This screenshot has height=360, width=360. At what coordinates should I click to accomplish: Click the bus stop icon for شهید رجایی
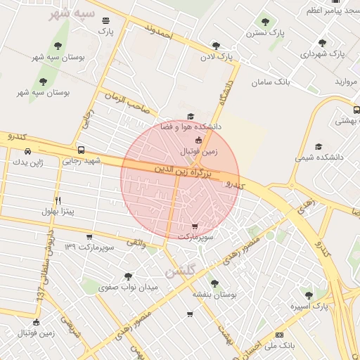82,150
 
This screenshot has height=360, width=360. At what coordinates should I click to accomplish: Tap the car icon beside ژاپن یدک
27,151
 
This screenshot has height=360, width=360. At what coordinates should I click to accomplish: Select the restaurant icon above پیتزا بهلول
58,200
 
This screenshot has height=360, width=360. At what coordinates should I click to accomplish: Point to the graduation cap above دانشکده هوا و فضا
189,117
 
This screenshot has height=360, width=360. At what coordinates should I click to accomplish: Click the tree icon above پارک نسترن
265,22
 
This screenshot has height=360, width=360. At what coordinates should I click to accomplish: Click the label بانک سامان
271,82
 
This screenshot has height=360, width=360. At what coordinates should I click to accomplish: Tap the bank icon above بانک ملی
280,335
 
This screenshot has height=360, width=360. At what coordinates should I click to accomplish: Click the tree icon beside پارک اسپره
307,293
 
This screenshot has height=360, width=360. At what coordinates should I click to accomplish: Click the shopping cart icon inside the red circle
194,226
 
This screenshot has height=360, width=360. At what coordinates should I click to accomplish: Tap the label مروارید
345,82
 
